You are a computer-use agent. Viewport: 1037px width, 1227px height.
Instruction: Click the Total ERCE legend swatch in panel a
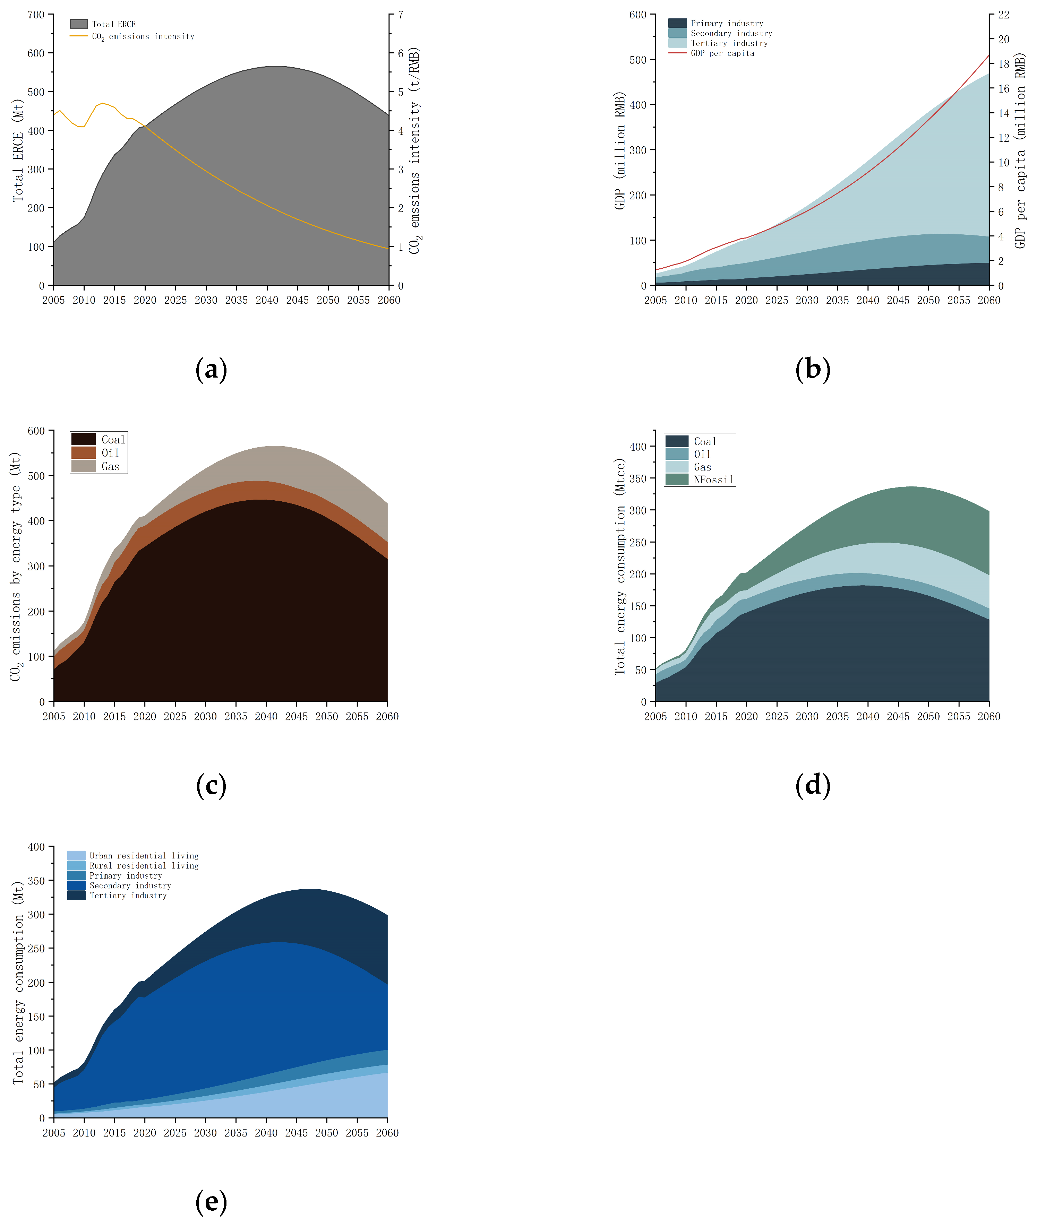[x=79, y=24]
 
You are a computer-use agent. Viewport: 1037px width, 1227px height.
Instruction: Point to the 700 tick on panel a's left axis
[x=36, y=15]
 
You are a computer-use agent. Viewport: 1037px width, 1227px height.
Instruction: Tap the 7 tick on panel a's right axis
[x=400, y=15]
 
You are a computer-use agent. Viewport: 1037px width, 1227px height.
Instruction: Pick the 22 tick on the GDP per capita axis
[x=1003, y=15]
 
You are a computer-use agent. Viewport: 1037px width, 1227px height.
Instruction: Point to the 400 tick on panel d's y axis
[x=638, y=447]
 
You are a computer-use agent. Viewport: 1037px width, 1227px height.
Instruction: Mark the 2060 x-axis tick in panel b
[x=989, y=300]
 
